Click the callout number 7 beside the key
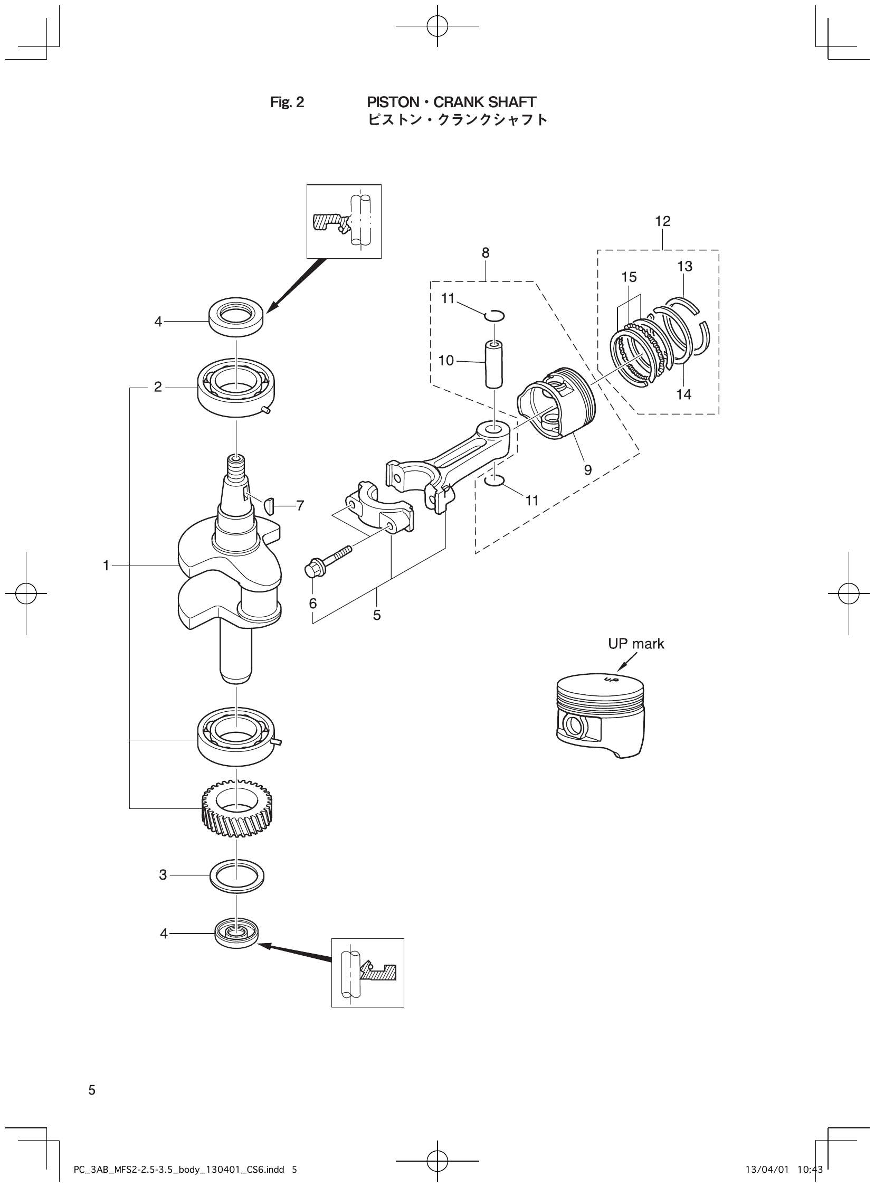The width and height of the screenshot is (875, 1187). tap(300, 506)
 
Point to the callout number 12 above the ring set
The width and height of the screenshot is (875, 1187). tap(663, 221)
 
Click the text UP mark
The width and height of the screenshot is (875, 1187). tap(635, 644)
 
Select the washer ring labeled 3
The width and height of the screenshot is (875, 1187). tap(237, 875)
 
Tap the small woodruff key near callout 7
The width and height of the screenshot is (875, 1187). tap(269, 506)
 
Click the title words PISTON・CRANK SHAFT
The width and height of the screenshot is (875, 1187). tap(451, 102)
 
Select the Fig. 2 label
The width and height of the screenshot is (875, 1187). tap(287, 102)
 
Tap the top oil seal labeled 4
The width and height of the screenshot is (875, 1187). tap(237, 317)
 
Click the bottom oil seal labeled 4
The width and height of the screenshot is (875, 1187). tap(237, 934)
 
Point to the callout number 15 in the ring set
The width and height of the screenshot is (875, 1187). tap(629, 277)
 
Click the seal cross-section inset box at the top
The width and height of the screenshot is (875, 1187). tap(344, 221)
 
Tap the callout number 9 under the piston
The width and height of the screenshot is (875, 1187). tap(588, 470)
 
